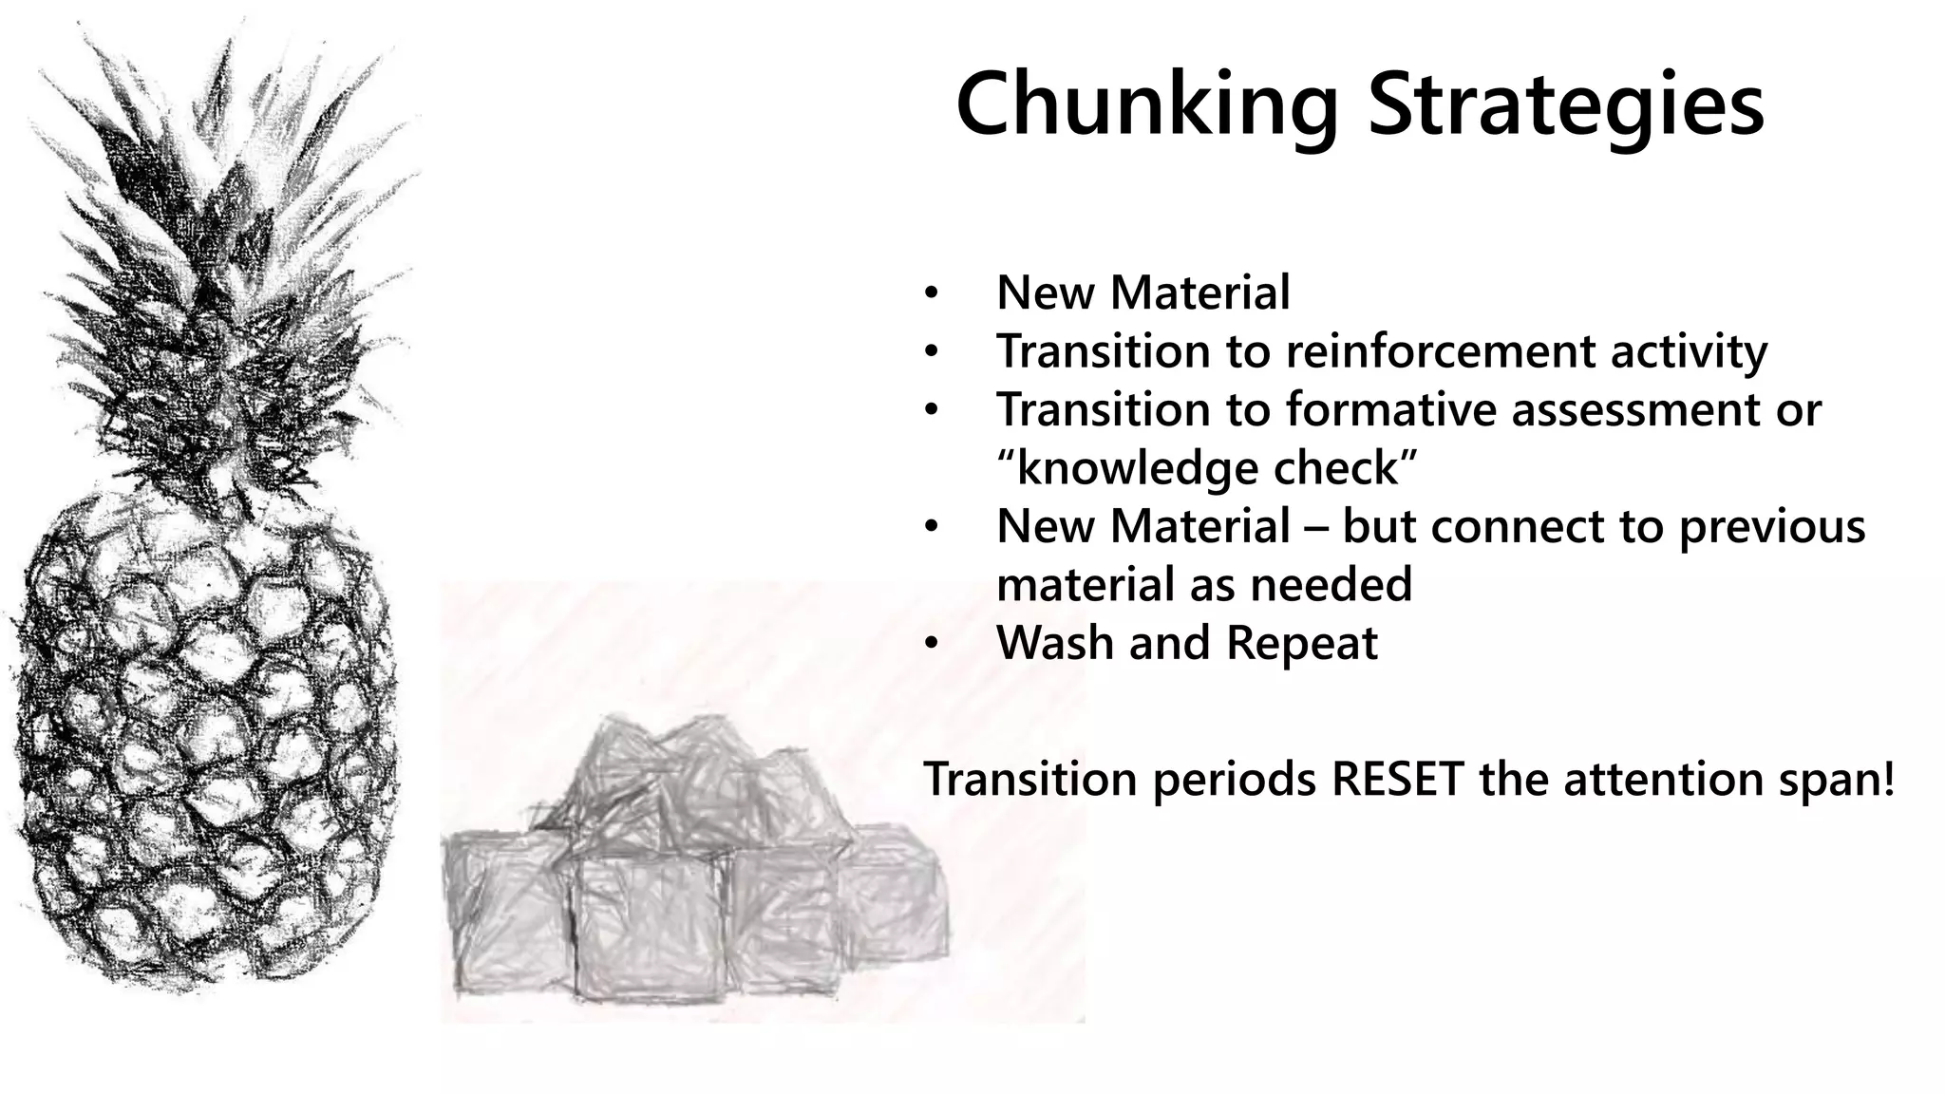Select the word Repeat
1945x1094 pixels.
coord(1301,643)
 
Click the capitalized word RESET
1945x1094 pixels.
coord(1397,780)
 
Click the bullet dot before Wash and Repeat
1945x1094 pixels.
coord(932,645)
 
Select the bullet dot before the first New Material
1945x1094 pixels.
coord(932,293)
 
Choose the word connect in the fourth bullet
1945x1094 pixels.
coord(1535,527)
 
